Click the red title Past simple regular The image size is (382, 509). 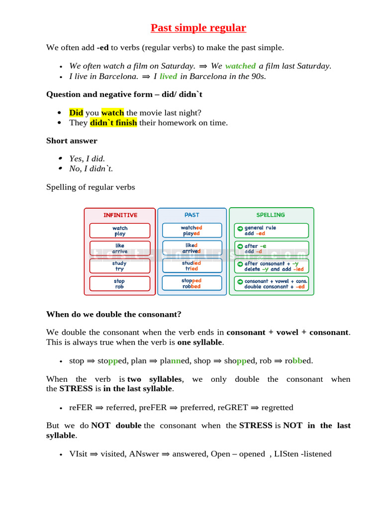tap(198, 28)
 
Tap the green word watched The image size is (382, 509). tap(240, 66)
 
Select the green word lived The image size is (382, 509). tap(168, 76)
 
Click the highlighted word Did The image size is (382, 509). tap(76, 112)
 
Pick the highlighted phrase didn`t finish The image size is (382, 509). tap(113, 123)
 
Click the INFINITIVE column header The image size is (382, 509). tap(120, 215)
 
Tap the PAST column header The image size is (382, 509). tap(191, 215)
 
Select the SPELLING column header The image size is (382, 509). tap(271, 215)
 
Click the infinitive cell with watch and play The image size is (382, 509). tap(120, 231)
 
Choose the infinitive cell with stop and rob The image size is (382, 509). tap(120, 284)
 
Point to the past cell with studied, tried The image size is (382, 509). tap(191, 266)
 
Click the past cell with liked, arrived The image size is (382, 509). tap(191, 248)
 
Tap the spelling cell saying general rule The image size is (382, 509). tap(272, 231)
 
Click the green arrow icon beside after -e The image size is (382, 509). tap(240, 246)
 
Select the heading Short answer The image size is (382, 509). tap(72, 141)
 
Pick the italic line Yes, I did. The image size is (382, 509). tap(87, 159)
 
